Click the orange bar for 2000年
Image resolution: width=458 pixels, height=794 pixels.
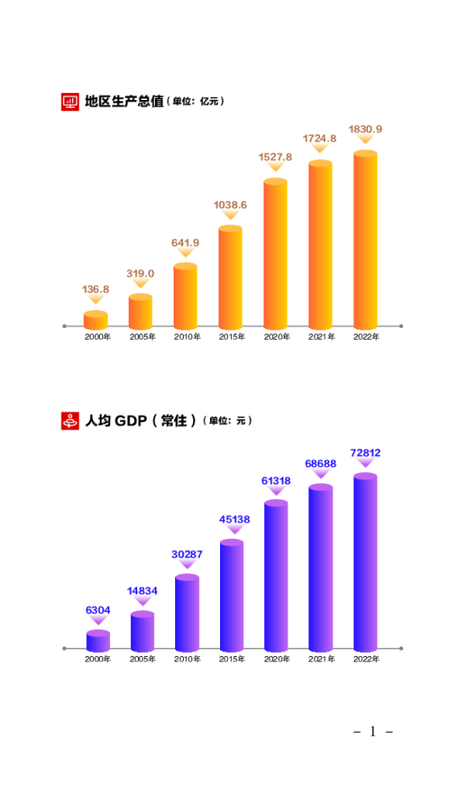pyautogui.click(x=95, y=320)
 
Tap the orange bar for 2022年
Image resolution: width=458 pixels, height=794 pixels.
pyautogui.click(x=365, y=240)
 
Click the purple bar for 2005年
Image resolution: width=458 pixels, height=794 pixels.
pyautogui.click(x=142, y=631)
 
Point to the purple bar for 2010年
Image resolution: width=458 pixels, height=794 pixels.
pyautogui.click(x=187, y=613)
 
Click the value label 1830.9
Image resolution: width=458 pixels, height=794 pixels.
pyautogui.click(x=365, y=129)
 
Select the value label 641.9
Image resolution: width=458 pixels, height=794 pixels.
pyautogui.click(x=185, y=243)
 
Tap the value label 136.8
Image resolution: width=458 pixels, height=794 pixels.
pyautogui.click(x=95, y=289)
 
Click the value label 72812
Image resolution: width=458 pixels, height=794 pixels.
pyautogui.click(x=365, y=453)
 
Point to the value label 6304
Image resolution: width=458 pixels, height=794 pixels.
pyautogui.click(x=98, y=610)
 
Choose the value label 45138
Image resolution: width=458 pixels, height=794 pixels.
pyautogui.click(x=231, y=520)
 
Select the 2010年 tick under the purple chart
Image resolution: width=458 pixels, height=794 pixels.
pyautogui.click(x=187, y=659)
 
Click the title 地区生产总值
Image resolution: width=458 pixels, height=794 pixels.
pyautogui.click(x=123, y=101)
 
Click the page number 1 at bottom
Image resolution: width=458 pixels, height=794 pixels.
pyautogui.click(x=373, y=731)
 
